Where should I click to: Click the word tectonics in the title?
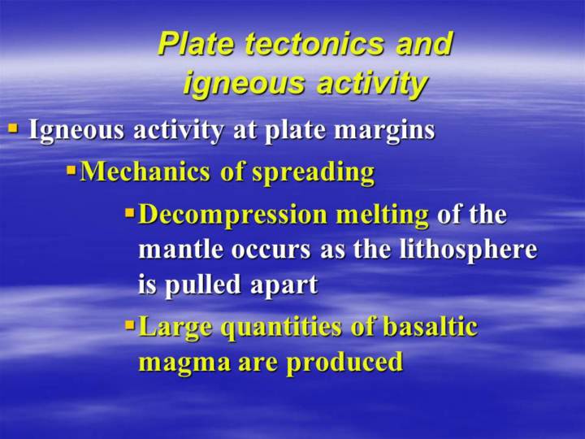click(314, 44)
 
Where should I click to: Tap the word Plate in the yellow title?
click(197, 44)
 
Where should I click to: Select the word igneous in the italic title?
click(243, 84)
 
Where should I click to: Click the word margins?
click(384, 131)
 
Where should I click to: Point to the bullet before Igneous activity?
click(13, 128)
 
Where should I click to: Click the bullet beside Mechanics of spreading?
click(71, 172)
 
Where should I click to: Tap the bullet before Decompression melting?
click(129, 214)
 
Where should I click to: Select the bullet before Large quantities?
click(129, 325)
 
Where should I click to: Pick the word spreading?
click(313, 174)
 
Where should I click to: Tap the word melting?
click(382, 216)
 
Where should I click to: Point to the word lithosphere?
click(469, 250)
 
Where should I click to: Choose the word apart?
click(284, 286)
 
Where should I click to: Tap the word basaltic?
click(430, 326)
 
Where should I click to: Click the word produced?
click(344, 362)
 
